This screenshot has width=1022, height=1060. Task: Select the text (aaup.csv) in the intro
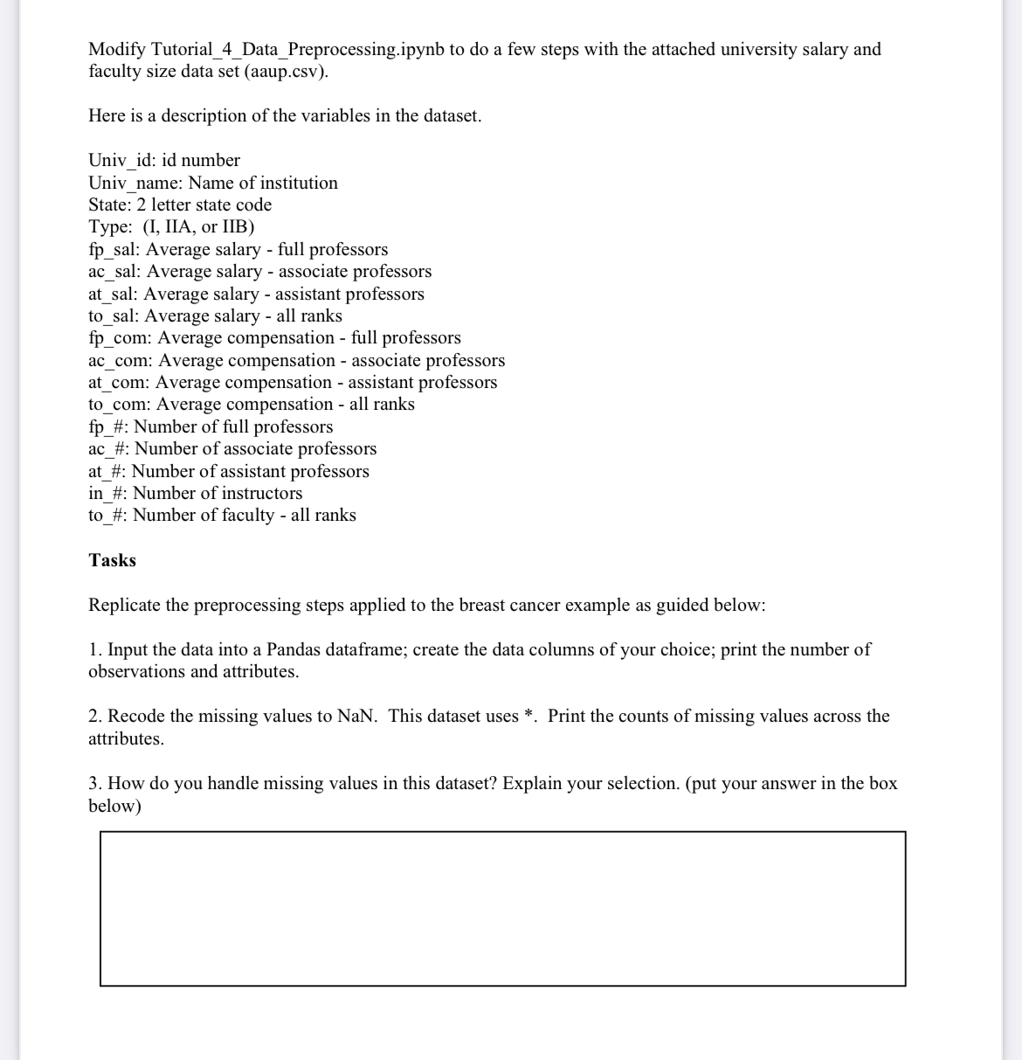tap(289, 72)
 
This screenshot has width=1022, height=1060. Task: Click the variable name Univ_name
tap(133, 184)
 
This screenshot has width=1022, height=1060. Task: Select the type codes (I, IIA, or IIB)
tap(198, 227)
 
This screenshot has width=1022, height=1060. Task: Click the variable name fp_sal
tap(114, 250)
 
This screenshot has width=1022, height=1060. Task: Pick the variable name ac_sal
tap(114, 272)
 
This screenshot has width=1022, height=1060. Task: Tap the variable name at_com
tap(118, 383)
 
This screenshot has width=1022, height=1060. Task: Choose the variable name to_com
tap(118, 405)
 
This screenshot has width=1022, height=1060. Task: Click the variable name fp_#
tap(107, 427)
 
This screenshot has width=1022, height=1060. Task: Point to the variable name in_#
tap(107, 494)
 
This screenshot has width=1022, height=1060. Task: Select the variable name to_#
tap(107, 516)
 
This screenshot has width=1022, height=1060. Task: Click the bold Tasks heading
tap(112, 561)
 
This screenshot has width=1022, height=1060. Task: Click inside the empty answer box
tap(502, 909)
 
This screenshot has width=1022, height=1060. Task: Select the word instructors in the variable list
tap(261, 494)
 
